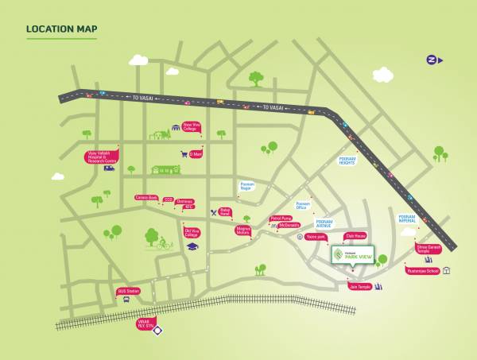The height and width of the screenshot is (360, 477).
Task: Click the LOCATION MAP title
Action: click(x=62, y=30)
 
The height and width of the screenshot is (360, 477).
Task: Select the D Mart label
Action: click(x=196, y=154)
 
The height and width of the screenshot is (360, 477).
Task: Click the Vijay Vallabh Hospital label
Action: click(x=101, y=157)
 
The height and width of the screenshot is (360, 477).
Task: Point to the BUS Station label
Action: click(x=128, y=291)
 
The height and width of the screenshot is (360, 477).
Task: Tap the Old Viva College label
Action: click(x=192, y=234)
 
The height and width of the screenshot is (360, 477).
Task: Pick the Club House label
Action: click(x=354, y=236)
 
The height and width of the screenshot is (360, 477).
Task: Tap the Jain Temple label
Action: click(x=359, y=286)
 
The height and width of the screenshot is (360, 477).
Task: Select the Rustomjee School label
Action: click(x=423, y=271)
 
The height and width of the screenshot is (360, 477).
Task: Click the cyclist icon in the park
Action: click(x=165, y=243)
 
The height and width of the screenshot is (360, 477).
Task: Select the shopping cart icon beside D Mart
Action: click(x=184, y=155)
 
